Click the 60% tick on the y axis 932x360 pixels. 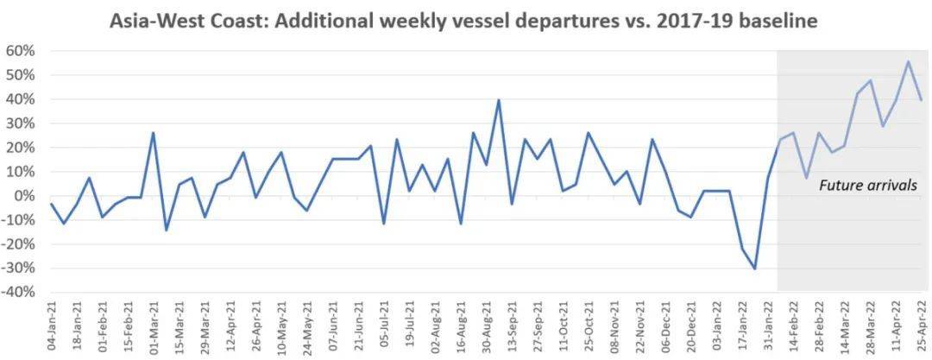22,51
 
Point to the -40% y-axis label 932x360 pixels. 19,293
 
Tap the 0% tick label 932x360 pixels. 25,196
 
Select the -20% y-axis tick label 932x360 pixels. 19,244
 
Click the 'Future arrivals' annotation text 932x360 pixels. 868,186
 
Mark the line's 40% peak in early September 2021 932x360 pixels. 499,100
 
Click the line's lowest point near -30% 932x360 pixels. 755,269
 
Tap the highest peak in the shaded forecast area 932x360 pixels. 908,60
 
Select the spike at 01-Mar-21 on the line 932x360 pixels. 154,132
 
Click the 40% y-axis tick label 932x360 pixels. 22,99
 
